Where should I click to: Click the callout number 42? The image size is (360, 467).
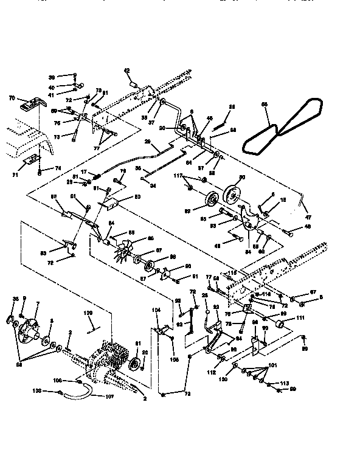(x=128, y=71)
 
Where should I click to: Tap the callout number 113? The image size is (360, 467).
(x=283, y=383)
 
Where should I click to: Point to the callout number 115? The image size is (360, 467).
(x=232, y=273)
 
